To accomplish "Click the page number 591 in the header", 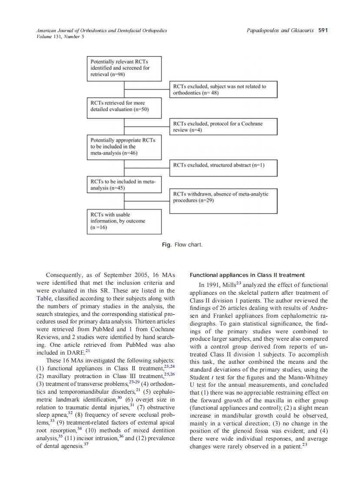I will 323,30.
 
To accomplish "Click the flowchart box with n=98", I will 124,68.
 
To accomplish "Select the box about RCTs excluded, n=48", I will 223,90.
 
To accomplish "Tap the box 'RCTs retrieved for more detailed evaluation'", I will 124,106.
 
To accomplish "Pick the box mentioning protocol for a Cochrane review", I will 223,127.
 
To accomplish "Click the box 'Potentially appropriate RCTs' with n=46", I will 124,147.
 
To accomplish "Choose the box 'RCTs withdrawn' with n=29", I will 223,201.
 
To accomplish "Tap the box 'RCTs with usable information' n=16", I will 124,221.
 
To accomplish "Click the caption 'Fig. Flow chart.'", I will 182,245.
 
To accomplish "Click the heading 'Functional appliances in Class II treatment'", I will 247,275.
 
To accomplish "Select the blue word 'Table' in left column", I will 43,299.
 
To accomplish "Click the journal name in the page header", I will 102,30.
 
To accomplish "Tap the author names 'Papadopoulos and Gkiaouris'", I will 280,30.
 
